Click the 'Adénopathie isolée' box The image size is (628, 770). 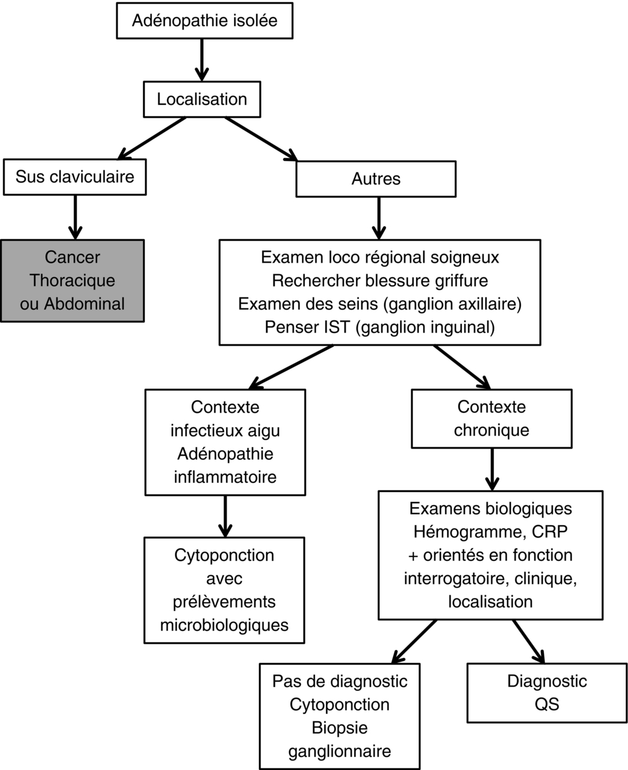coord(204,21)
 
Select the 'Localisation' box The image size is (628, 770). coord(202,99)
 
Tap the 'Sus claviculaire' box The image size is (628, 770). coord(75,177)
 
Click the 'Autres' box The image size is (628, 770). coord(376,179)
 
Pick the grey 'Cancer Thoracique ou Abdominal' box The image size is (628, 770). coord(72,280)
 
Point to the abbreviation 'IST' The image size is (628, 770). coord(336,327)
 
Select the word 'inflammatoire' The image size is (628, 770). coord(225,477)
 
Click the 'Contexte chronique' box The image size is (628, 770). coord(491,419)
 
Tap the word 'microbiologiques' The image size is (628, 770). coord(224,625)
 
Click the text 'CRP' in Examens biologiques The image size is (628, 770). coord(549,532)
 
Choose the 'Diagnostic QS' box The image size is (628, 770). coord(547,693)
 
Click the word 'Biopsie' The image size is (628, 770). coord(340,728)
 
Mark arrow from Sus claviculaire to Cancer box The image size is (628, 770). coord(75,217)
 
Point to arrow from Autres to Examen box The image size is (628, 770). coord(378,218)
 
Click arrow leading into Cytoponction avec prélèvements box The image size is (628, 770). coord(225,516)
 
